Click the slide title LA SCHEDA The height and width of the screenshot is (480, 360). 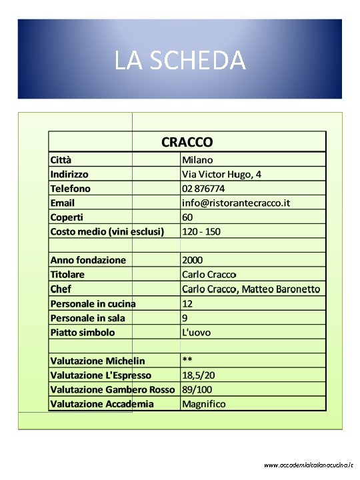[180, 61]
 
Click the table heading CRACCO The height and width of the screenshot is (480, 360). [187, 142]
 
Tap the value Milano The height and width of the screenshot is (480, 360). [197, 160]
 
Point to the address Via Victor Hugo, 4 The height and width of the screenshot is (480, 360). [221, 174]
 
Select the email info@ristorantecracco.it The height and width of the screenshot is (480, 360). [236, 203]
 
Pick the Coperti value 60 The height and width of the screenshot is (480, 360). [187, 217]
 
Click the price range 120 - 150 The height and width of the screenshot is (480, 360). [201, 231]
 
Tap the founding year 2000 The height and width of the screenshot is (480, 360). [193, 260]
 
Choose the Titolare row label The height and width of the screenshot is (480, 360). [67, 275]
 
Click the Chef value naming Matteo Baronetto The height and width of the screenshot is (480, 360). [251, 289]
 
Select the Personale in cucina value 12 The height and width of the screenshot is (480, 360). [187, 303]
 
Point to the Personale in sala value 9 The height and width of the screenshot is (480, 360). [185, 318]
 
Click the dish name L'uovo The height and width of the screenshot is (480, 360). [196, 332]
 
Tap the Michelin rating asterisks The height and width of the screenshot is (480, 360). [187, 360]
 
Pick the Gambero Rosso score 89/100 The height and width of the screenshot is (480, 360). [199, 389]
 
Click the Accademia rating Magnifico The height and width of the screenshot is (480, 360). [204, 404]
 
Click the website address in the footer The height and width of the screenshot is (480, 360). [309, 465]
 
